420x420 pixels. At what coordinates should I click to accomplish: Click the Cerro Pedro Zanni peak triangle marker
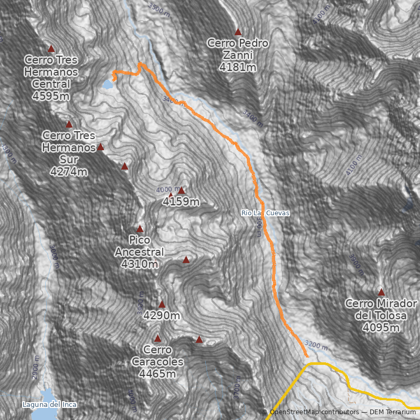[x=238, y=31]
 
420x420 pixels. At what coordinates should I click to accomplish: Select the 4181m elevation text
[x=238, y=68]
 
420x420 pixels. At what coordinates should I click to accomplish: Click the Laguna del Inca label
[x=49, y=404]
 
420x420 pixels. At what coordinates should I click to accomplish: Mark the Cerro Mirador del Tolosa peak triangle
[x=381, y=292]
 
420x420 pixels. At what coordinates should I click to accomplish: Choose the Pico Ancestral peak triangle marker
[x=140, y=228]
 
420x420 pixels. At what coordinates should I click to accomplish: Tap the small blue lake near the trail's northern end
[x=108, y=84]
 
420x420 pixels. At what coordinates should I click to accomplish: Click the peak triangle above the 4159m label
[x=181, y=190]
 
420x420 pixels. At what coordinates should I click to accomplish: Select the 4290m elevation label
[x=162, y=316]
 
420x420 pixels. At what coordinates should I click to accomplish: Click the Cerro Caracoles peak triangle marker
[x=157, y=338]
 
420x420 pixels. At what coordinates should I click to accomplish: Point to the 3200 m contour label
[x=316, y=346]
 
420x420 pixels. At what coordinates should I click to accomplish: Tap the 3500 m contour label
[x=160, y=8]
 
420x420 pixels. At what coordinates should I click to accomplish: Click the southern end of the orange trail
[x=307, y=356]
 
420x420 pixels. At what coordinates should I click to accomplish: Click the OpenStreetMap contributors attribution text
[x=315, y=412]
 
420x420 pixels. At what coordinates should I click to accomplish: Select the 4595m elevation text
[x=51, y=97]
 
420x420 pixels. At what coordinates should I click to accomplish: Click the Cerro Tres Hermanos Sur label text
[x=69, y=148]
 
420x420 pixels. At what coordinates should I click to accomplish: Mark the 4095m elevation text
[x=381, y=328]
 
